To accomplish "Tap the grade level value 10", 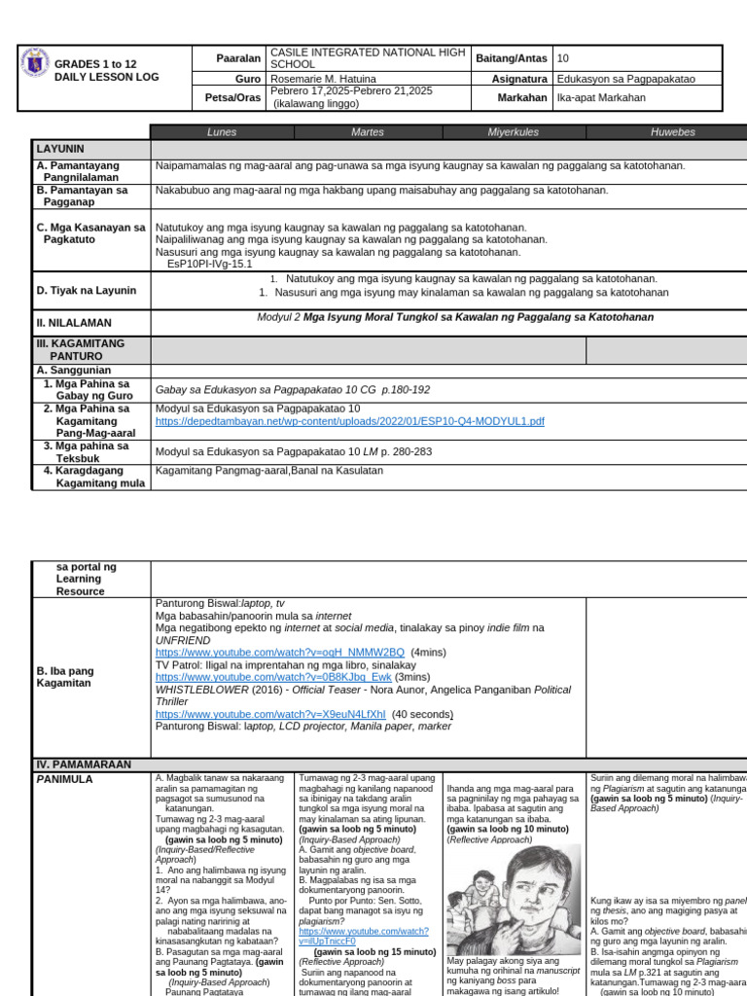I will point(563,58).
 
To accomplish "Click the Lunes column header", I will point(222,132).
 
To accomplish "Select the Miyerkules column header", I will point(514,132).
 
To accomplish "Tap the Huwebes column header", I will point(672,132).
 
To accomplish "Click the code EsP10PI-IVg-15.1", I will point(209,264).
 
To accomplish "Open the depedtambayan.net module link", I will point(349,421).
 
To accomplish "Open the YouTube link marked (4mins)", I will point(279,652).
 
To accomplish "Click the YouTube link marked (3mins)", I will point(273,676).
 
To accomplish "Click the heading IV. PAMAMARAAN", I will point(83,765).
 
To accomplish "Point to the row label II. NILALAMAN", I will point(74,322).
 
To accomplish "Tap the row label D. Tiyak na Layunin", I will point(87,290).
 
